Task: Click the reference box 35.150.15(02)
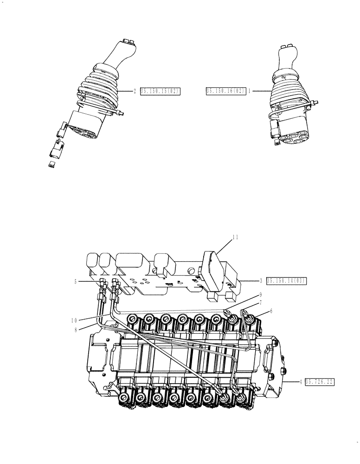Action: tap(159, 91)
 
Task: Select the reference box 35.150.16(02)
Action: tap(225, 91)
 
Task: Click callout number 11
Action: tap(235, 237)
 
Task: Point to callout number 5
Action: tap(75, 281)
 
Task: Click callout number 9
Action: tap(261, 294)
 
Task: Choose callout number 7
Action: tap(261, 303)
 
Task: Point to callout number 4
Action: tap(301, 382)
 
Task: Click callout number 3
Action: tap(261, 281)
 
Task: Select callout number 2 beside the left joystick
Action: tap(135, 91)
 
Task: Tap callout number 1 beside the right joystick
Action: tap(249, 91)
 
